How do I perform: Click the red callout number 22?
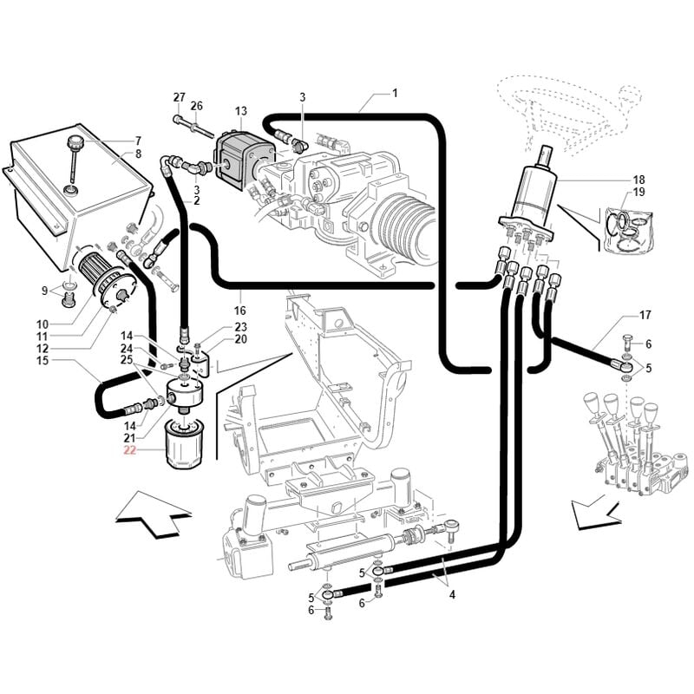point(129,450)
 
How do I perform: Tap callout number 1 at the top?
point(395,93)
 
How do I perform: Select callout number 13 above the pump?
point(240,111)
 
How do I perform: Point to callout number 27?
point(180,96)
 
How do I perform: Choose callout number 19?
point(638,192)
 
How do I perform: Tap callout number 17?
point(645,315)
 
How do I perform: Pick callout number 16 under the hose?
point(240,310)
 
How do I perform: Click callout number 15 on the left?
point(40,359)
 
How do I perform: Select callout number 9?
point(45,290)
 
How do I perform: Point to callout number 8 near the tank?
point(137,154)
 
